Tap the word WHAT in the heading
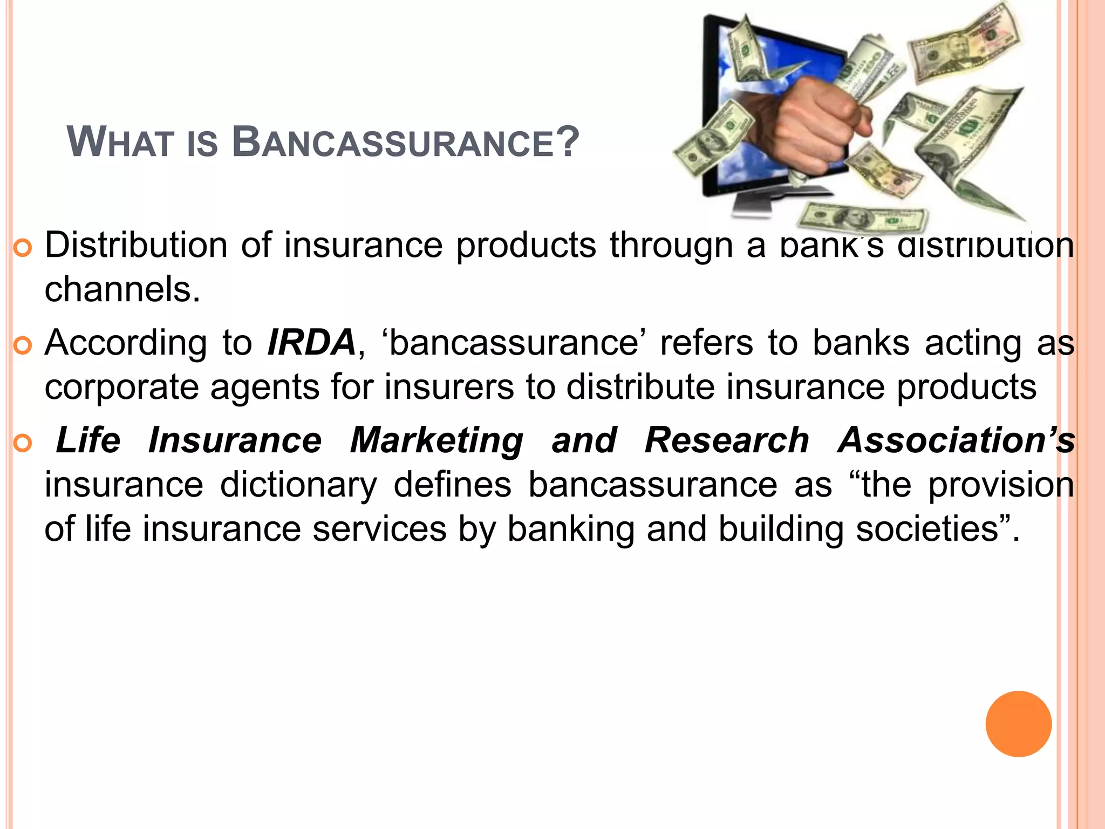[119, 143]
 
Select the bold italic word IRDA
[311, 343]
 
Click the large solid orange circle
[1018, 724]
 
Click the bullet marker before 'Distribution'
[23, 249]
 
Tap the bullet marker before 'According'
[23, 346]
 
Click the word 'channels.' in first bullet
[122, 289]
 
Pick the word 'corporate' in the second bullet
[121, 388]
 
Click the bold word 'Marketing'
[436, 441]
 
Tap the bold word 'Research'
[726, 440]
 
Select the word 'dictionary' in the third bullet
[298, 485]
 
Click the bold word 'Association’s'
[956, 440]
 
